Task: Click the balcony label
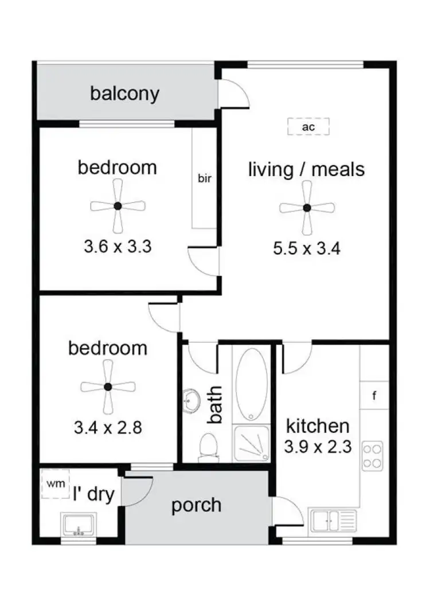(124, 93)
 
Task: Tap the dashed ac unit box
(308, 127)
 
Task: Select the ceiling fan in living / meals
(307, 208)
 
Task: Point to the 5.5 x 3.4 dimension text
(307, 249)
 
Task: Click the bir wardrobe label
(205, 178)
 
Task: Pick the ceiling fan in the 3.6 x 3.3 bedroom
(118, 206)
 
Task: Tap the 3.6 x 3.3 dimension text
(118, 247)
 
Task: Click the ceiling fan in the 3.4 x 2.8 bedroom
(108, 387)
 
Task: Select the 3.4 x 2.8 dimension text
(108, 427)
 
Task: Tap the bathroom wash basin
(191, 400)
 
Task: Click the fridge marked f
(374, 396)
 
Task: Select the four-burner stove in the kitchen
(373, 456)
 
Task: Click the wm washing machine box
(56, 484)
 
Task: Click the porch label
(196, 505)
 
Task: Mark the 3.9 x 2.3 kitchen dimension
(318, 446)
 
